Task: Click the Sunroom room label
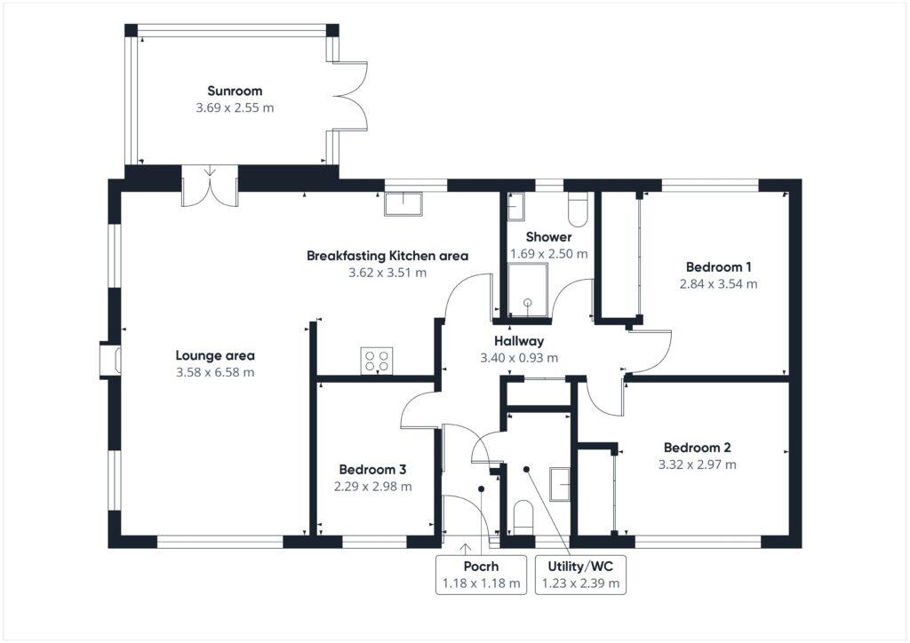235,91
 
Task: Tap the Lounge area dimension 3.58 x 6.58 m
215,373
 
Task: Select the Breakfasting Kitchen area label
387,256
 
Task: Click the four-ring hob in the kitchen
377,360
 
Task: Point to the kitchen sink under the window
404,203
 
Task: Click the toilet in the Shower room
577,207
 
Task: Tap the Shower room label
548,237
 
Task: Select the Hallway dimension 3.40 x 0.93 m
519,358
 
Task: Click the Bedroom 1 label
719,266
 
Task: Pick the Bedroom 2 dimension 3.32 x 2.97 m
697,464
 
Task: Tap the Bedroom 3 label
372,469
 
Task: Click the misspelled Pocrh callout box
481,575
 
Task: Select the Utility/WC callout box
580,575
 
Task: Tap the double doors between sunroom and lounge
210,185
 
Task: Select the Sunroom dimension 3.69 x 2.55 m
235,108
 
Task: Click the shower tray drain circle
528,302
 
